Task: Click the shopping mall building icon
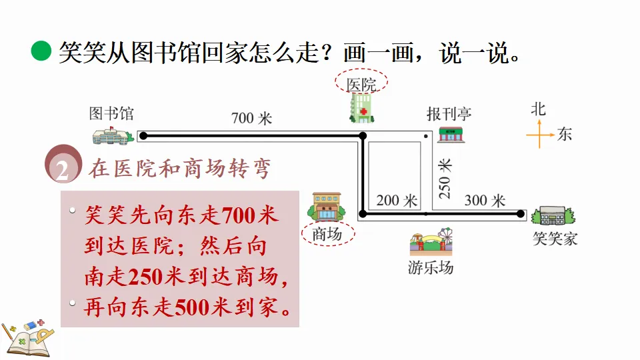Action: (x=326, y=207)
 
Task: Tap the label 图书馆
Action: (x=111, y=113)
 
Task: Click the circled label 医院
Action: (x=361, y=84)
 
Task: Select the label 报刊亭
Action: (x=449, y=113)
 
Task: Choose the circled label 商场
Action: (x=327, y=234)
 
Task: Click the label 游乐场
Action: (x=431, y=269)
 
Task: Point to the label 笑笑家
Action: (x=555, y=238)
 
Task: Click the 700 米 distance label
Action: (x=251, y=119)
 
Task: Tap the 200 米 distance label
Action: (x=397, y=200)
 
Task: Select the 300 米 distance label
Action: (x=485, y=200)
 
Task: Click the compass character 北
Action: (x=538, y=109)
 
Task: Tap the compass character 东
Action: (x=565, y=134)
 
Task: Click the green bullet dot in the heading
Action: (x=41, y=51)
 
